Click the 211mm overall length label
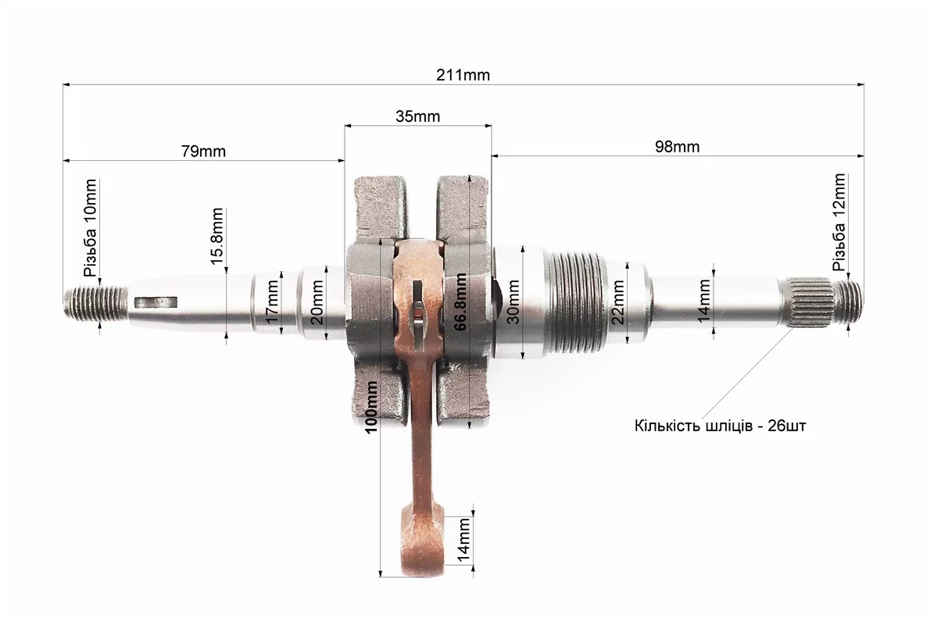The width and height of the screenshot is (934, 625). [463, 75]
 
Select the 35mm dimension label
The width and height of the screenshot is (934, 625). [417, 116]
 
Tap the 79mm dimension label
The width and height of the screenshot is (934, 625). [204, 152]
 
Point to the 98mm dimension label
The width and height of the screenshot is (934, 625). [678, 146]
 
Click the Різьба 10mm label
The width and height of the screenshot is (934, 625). [91, 228]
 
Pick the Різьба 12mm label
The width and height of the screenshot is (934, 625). [839, 223]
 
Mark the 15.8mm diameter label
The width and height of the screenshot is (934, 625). [217, 236]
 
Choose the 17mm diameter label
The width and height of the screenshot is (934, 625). [272, 306]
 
